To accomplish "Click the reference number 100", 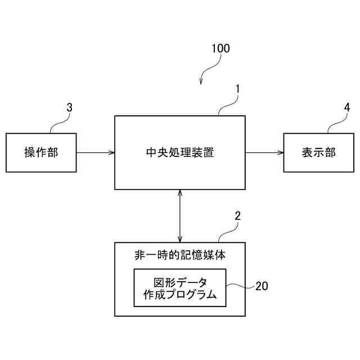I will tap(220, 48).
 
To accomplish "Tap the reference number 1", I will tap(238, 89).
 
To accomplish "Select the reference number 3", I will tap(69, 107).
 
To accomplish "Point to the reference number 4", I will tap(347, 107).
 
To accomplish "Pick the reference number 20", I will tap(262, 286).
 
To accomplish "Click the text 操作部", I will tap(41, 152).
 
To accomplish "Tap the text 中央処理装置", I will tap(179, 152).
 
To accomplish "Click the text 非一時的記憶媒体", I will tap(179, 255).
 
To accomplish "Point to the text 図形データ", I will tap(180, 282).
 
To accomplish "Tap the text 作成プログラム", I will tap(180, 295).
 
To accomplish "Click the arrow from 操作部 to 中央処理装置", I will tap(96, 152).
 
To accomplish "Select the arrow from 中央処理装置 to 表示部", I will tap(264, 152).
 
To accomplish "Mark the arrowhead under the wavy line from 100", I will tap(201, 83).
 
